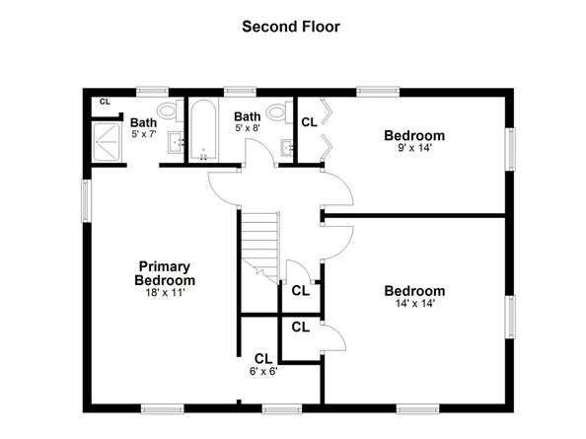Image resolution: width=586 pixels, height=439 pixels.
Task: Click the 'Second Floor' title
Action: [x=291, y=27]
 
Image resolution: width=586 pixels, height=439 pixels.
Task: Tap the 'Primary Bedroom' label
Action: [x=165, y=273]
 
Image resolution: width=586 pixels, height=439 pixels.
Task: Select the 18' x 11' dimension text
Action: [x=165, y=292]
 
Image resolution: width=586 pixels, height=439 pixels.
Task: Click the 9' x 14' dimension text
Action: [x=414, y=149]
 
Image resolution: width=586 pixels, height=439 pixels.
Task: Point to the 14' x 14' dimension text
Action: [x=414, y=304]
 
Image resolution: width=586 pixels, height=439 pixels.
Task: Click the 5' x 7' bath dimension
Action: [x=144, y=135]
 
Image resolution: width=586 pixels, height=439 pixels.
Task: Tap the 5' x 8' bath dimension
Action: [x=247, y=128]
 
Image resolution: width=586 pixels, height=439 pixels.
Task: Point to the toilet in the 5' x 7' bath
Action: [x=168, y=110]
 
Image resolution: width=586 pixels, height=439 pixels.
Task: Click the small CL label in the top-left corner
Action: [x=106, y=101]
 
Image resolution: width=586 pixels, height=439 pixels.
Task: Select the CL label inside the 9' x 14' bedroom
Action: [x=309, y=122]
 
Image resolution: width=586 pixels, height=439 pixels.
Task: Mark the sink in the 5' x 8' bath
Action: [x=285, y=148]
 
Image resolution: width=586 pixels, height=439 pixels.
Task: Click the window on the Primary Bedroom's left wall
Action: [x=86, y=200]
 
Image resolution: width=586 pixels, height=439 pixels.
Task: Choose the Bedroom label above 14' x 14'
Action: [x=414, y=291]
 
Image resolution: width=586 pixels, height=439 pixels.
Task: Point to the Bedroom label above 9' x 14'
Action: [x=414, y=135]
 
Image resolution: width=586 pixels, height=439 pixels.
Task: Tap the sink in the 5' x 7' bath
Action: [x=176, y=144]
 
